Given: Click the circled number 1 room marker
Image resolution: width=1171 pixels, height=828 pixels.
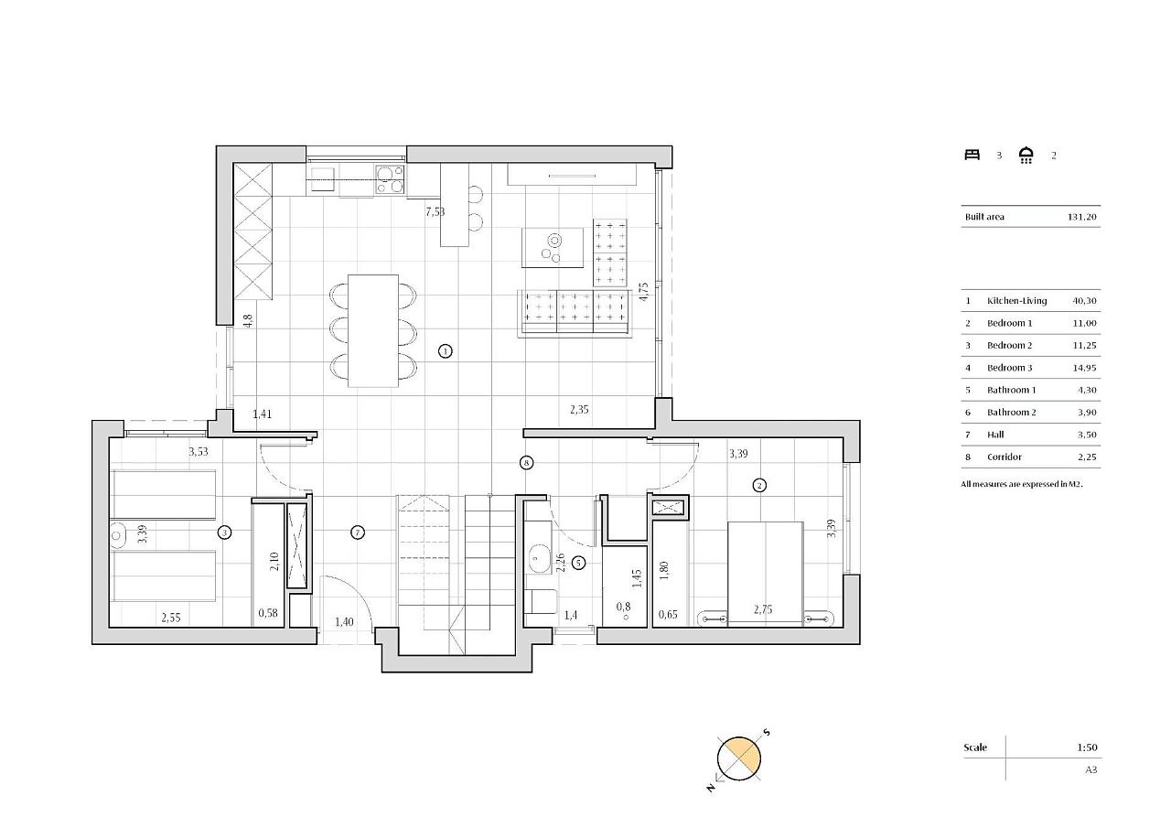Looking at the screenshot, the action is pyautogui.click(x=445, y=351).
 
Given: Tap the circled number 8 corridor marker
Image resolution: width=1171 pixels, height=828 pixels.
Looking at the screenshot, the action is pyautogui.click(x=526, y=463).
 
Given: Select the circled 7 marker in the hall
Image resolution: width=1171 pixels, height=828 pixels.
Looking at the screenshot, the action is pyautogui.click(x=358, y=532).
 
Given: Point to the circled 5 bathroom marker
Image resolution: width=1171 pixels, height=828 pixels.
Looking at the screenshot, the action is pyautogui.click(x=579, y=563).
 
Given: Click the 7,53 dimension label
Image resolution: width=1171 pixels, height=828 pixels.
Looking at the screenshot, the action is pyautogui.click(x=435, y=211).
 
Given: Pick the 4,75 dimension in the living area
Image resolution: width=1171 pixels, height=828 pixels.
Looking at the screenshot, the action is pyautogui.click(x=644, y=291).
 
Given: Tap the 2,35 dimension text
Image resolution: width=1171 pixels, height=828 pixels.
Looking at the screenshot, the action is pyautogui.click(x=579, y=409).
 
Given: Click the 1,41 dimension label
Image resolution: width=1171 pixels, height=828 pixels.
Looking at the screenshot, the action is pyautogui.click(x=262, y=414).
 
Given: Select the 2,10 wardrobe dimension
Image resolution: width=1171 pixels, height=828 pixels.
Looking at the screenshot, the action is pyautogui.click(x=274, y=562).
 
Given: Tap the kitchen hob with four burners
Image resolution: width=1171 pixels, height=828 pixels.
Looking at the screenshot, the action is pyautogui.click(x=390, y=178).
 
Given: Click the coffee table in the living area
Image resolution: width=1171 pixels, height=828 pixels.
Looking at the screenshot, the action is pyautogui.click(x=553, y=248).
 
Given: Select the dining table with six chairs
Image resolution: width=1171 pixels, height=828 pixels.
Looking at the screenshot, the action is pyautogui.click(x=373, y=331).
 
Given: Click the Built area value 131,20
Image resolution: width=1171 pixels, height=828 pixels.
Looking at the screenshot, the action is pyautogui.click(x=1081, y=217).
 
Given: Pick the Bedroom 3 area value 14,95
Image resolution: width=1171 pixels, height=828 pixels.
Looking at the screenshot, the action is pyautogui.click(x=1084, y=368).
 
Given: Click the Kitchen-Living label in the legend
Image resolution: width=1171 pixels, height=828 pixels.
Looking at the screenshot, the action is pyautogui.click(x=1016, y=301).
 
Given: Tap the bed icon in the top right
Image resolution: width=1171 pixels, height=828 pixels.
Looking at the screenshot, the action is pyautogui.click(x=972, y=155).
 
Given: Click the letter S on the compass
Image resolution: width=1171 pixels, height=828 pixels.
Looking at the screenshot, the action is pyautogui.click(x=767, y=732).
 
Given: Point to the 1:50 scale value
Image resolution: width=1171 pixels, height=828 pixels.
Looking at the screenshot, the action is pyautogui.click(x=1087, y=747).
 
